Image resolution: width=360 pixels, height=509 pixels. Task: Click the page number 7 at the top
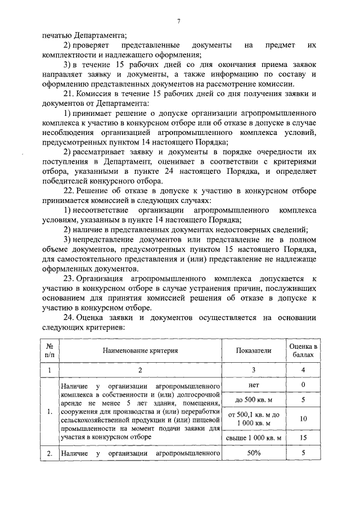178,21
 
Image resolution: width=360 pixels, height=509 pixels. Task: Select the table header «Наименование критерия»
140,350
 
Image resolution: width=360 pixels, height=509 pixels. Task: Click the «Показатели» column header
253,350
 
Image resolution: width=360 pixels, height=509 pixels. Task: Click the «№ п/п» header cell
49,350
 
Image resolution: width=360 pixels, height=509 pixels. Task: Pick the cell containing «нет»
253,385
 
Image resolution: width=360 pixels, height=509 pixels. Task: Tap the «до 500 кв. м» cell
253,400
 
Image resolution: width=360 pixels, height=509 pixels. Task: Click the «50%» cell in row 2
253,452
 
